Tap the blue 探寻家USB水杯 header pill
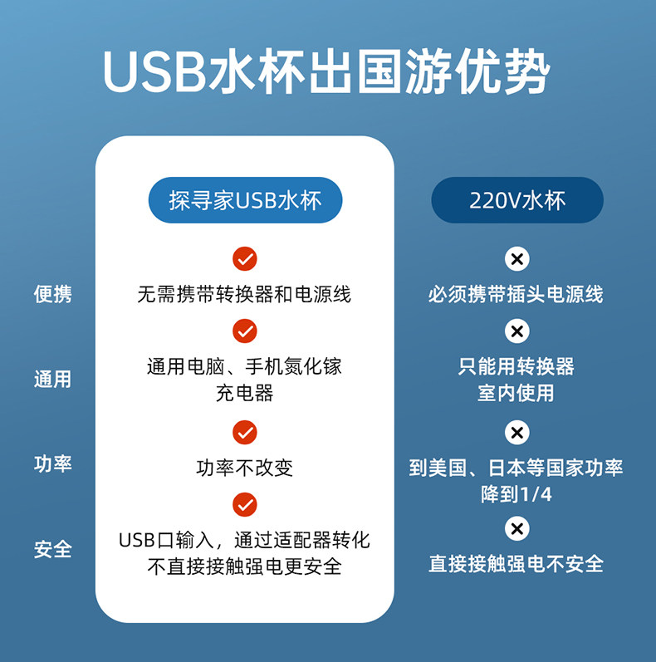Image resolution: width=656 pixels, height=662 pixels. tap(245, 200)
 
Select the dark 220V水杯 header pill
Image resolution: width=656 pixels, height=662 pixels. tap(517, 200)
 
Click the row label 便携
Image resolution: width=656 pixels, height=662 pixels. tap(53, 293)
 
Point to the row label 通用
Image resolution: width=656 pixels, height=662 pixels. tap(53, 380)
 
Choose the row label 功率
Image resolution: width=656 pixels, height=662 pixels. tap(53, 463)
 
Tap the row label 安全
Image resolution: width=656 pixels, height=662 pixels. tap(53, 549)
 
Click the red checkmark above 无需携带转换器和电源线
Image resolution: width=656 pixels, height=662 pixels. tap(244, 259)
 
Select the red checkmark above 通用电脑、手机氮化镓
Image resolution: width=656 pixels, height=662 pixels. tap(244, 331)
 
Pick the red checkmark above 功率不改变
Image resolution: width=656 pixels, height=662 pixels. tap(244, 433)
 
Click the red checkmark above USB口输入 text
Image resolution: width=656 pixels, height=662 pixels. tap(244, 505)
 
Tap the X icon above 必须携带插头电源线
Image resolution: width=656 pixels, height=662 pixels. tap(516, 259)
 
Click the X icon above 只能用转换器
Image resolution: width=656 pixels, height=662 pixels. tap(516, 331)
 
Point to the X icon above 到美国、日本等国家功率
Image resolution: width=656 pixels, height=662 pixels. tap(516, 433)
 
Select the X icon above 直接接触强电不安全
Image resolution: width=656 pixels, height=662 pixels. tap(516, 528)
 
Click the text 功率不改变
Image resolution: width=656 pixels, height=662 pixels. tap(244, 468)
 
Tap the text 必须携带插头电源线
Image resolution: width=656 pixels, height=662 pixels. tap(516, 294)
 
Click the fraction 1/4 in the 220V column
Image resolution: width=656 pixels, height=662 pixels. tap(536, 495)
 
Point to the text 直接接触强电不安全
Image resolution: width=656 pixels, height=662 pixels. tap(516, 564)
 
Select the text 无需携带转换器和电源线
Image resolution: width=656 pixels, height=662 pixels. tap(244, 294)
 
